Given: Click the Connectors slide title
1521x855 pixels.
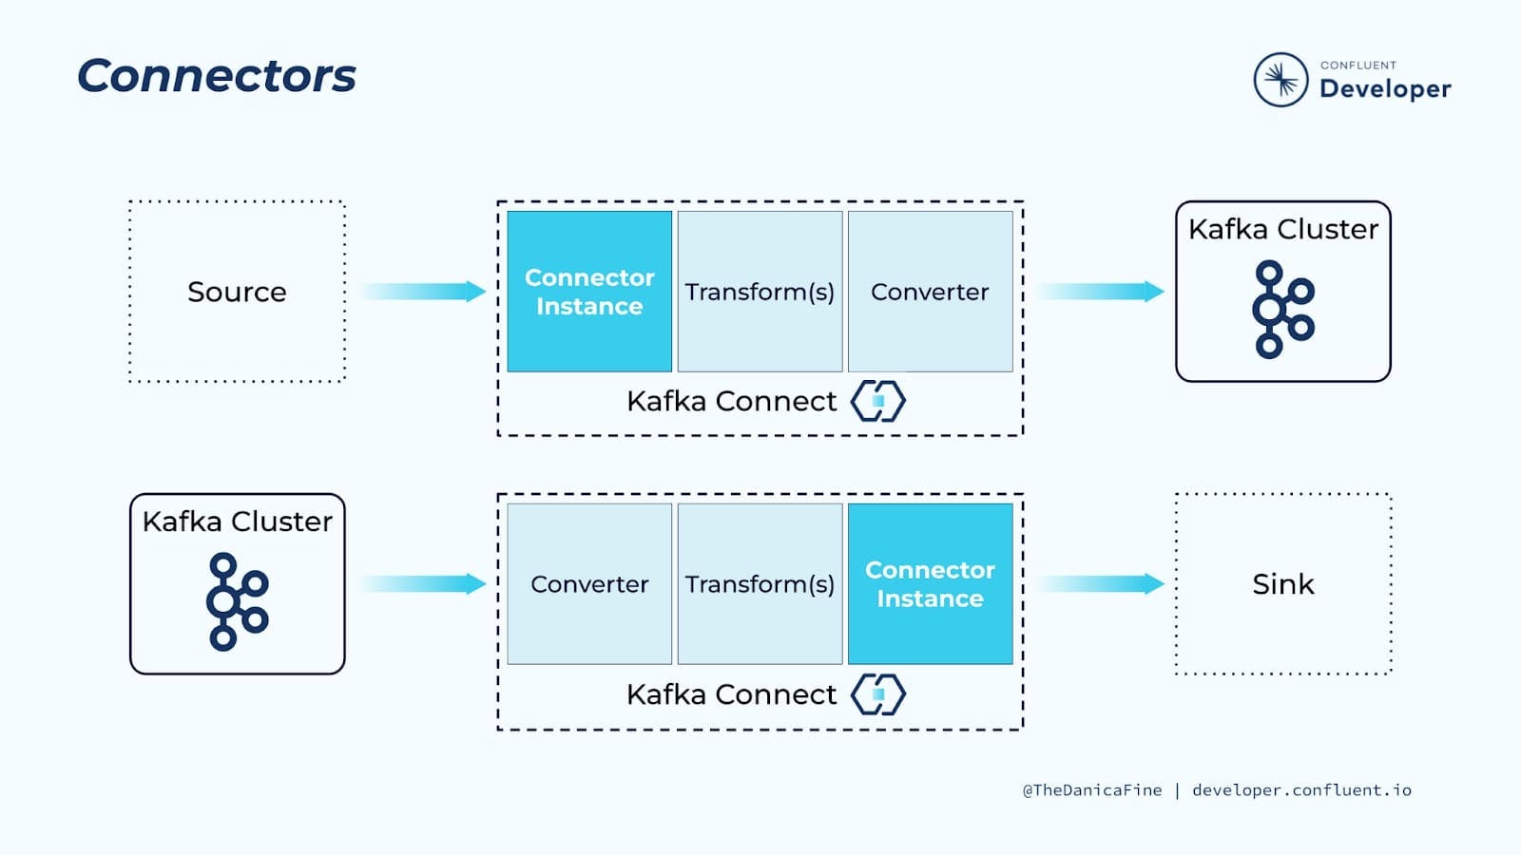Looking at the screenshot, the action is tap(217, 75).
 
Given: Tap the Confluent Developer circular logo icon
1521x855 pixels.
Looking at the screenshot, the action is tap(1280, 80).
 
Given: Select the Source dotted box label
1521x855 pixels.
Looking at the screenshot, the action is tap(237, 292).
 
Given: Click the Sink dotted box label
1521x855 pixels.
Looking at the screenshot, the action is tap(1283, 584).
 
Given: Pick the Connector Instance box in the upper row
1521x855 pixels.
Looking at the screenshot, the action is tap(589, 292).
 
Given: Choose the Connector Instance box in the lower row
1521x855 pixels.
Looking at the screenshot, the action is tap(931, 583).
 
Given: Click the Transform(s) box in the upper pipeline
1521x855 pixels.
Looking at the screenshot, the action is tap(760, 292).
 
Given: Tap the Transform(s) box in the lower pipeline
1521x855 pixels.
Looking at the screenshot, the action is tap(760, 583).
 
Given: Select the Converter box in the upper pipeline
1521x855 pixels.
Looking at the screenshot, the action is tap(931, 292).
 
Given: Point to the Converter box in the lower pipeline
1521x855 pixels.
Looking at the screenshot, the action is tap(589, 583).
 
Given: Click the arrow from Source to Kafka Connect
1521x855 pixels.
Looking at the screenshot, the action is tap(422, 291).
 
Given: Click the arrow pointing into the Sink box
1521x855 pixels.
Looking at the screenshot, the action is tap(1101, 583).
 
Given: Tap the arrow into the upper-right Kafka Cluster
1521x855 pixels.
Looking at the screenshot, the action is tap(1101, 291).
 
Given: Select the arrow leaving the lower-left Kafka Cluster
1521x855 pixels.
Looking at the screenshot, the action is tap(422, 583).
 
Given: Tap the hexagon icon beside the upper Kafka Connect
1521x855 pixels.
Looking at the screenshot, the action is tap(878, 401).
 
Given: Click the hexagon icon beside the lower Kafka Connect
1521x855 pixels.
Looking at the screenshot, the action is tap(878, 694).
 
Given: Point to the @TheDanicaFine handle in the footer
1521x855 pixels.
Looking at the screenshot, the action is tap(1092, 790).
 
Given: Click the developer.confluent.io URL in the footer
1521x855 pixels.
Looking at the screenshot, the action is tap(1301, 789).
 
